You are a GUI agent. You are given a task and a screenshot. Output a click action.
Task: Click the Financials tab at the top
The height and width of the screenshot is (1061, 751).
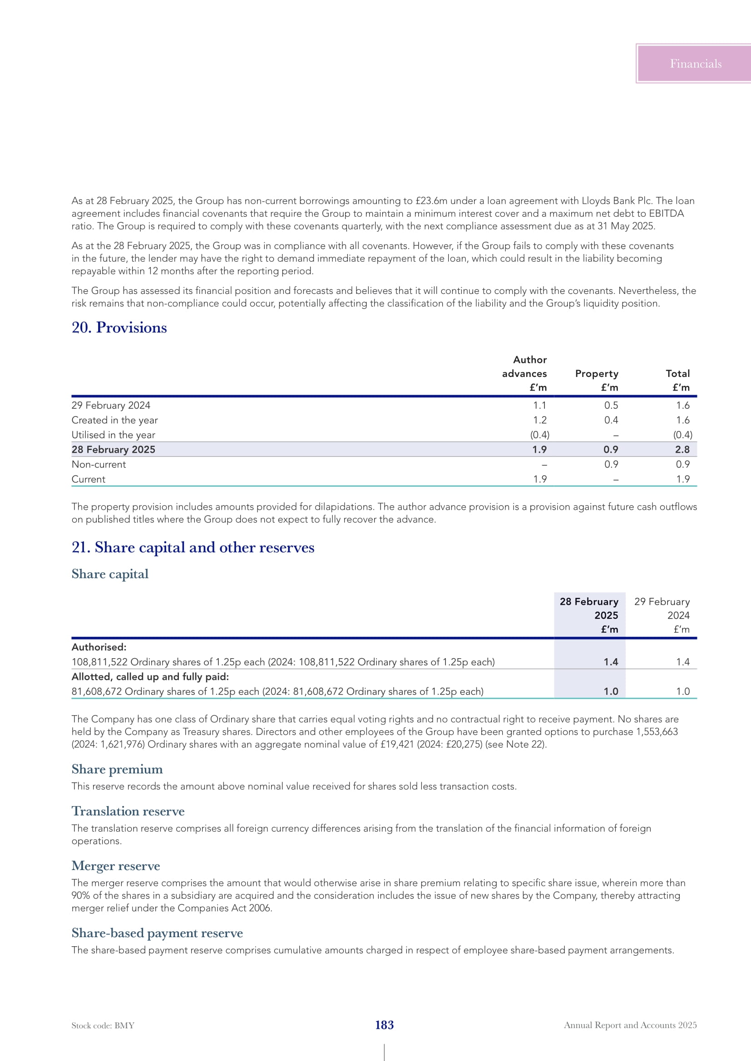click(x=695, y=64)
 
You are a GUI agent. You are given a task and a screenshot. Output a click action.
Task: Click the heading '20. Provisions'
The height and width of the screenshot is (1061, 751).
click(x=119, y=328)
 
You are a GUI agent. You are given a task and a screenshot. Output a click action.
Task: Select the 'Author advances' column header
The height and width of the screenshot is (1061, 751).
click(x=524, y=373)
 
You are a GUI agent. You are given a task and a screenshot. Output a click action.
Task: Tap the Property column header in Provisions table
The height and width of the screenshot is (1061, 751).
click(x=596, y=373)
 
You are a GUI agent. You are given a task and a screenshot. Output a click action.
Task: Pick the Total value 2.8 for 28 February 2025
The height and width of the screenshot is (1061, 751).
click(x=682, y=450)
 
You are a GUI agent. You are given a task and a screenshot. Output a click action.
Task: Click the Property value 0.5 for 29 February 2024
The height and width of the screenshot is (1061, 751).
click(x=611, y=405)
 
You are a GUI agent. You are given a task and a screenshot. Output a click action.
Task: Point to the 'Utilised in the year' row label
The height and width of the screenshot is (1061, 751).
click(x=114, y=435)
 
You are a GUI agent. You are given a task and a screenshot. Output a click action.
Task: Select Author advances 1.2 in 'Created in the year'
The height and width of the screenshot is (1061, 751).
click(x=539, y=420)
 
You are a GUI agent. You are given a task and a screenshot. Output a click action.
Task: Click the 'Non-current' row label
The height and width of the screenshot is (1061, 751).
click(x=99, y=464)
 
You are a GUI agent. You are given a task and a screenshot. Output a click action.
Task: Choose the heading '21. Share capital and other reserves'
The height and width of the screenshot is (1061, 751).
click(x=193, y=548)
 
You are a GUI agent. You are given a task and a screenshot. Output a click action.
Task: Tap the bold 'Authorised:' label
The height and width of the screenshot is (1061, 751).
click(x=99, y=647)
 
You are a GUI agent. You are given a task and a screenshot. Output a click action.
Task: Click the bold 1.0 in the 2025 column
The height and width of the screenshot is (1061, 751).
click(x=610, y=691)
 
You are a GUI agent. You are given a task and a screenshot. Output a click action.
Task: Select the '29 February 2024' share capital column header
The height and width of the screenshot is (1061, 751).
click(x=662, y=615)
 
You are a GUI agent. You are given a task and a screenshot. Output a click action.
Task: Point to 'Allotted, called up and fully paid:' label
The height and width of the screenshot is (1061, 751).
click(x=150, y=676)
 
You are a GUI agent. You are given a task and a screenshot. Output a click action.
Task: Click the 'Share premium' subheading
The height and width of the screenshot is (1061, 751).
click(x=117, y=769)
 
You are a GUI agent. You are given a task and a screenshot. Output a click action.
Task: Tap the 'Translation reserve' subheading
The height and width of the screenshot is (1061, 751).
click(x=128, y=811)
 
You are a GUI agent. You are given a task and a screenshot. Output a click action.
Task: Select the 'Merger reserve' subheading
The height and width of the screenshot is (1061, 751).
click(x=116, y=865)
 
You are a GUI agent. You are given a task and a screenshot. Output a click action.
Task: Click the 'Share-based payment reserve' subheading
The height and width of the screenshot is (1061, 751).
click(x=157, y=933)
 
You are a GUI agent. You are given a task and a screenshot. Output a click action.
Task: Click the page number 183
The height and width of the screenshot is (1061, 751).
click(x=384, y=1025)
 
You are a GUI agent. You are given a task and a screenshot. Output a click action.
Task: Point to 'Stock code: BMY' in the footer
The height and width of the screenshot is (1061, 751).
click(x=103, y=1026)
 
